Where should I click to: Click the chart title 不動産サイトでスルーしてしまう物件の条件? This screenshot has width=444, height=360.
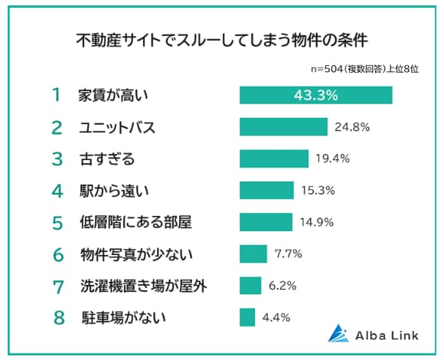(x=222, y=38)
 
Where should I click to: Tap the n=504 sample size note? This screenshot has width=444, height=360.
(x=364, y=69)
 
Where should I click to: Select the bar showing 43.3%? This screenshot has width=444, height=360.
(x=315, y=95)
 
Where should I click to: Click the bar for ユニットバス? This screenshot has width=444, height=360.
(x=283, y=127)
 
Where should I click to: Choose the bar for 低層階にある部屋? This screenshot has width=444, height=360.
(x=266, y=222)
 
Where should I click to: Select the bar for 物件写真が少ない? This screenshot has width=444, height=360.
(x=253, y=254)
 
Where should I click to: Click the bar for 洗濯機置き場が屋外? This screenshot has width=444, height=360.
(x=250, y=285)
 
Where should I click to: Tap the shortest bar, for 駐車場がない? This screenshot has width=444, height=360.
(x=247, y=317)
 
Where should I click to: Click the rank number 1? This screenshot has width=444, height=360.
(x=55, y=96)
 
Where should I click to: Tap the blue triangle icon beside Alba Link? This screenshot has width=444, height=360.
(x=338, y=332)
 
